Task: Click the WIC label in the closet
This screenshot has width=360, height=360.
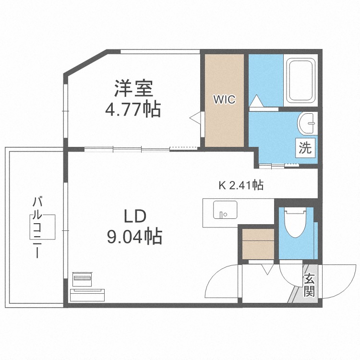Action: (224, 100)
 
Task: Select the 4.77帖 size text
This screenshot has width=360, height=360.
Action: (133, 109)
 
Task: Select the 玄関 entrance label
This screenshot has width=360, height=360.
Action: (309, 285)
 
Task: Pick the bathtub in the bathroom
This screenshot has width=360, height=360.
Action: (300, 82)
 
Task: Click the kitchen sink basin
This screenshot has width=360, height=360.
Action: (225, 212)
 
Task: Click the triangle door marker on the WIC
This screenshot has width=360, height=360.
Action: (197, 118)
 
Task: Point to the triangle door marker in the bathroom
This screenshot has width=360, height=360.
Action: (256, 101)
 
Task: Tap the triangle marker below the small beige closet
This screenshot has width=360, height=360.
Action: (266, 269)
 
